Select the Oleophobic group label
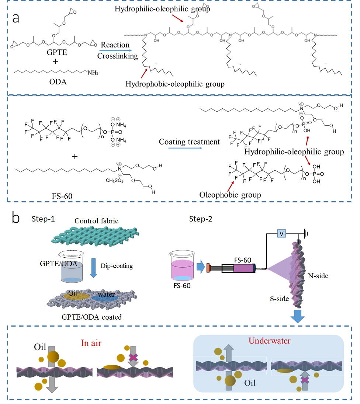230,194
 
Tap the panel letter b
16,218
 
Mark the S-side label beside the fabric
279,299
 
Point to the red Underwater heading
269,340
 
